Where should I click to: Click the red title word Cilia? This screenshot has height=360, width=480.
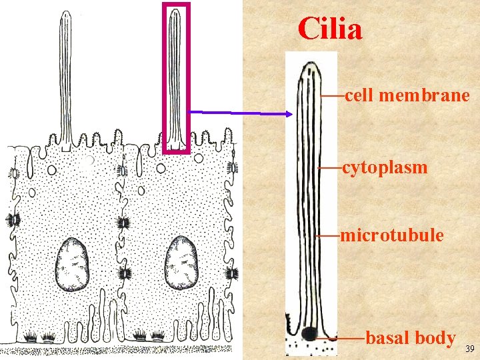(330, 29)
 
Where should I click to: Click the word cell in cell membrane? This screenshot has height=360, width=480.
(359, 96)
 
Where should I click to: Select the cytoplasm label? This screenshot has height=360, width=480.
(385, 167)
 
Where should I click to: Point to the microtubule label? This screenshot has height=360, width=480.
(391, 235)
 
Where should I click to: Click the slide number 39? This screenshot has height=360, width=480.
(469, 349)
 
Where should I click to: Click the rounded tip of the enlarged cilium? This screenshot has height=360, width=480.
(310, 65)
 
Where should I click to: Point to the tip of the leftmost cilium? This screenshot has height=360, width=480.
(65, 13)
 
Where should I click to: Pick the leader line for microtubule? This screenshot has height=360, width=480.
(327, 235)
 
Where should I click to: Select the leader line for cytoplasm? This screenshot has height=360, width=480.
(329, 167)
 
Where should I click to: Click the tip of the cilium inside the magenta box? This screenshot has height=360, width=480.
(175, 11)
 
